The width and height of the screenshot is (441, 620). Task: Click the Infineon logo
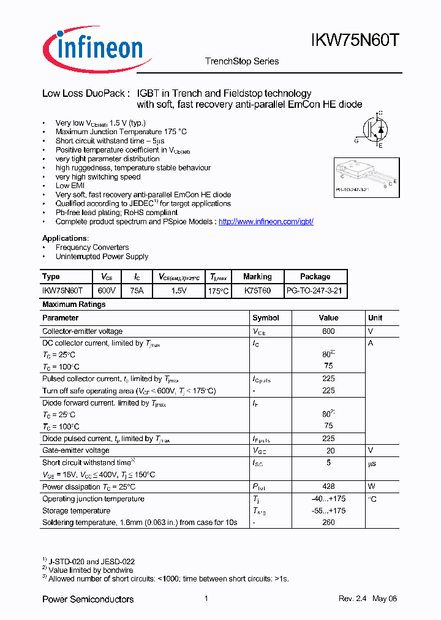(92, 47)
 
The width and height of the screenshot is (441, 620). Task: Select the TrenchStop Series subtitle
(241, 61)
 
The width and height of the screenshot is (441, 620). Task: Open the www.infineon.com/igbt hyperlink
(266, 221)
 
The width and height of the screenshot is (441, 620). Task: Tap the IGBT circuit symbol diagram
(373, 129)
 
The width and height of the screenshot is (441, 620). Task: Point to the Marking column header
(257, 276)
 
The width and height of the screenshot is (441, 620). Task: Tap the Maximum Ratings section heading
(73, 304)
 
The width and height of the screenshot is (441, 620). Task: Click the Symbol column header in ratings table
(266, 318)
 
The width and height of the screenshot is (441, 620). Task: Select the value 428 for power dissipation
(328, 486)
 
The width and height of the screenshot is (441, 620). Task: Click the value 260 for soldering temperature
(328, 523)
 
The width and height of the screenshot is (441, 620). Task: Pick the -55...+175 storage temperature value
(328, 510)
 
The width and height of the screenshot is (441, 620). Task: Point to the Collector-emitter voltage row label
(82, 331)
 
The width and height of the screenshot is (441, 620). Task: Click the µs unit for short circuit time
(372, 464)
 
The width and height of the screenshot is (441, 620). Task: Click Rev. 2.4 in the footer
(352, 599)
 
